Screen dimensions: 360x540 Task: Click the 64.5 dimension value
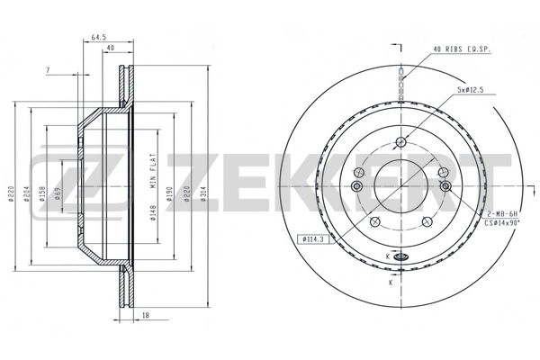point(98,37)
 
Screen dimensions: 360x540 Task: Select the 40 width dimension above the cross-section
point(111,49)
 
